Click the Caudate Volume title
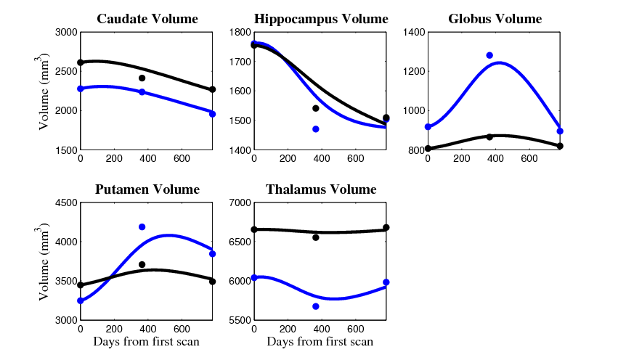point(146,19)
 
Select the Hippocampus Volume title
point(320,19)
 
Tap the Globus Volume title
point(495,19)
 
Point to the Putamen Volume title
point(147,190)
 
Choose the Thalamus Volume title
point(320,190)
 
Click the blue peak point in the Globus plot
point(489,55)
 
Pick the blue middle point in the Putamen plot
point(142,227)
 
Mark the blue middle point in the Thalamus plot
point(316,306)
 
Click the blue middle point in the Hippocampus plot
point(316,129)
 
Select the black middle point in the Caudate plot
point(142,78)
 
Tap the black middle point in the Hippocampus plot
point(316,108)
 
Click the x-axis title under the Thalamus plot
point(320,342)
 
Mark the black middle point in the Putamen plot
point(142,265)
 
